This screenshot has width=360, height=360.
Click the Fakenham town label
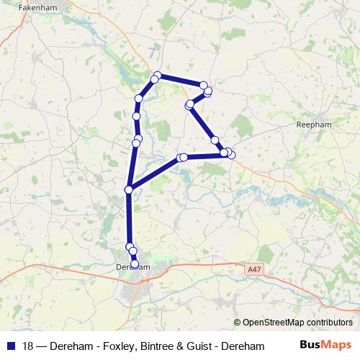(19, 6)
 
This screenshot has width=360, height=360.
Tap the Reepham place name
(312, 125)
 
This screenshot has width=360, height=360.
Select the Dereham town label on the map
(132, 267)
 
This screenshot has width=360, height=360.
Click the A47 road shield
(252, 269)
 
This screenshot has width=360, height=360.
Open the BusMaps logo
(331, 346)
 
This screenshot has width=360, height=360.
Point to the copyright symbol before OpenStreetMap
(238, 322)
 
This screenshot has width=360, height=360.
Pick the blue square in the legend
(9, 346)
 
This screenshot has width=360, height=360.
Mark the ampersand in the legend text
(174, 346)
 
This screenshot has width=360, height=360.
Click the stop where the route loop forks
(129, 189)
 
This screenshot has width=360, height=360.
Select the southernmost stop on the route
(135, 264)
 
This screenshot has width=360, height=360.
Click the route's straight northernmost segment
(180, 80)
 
